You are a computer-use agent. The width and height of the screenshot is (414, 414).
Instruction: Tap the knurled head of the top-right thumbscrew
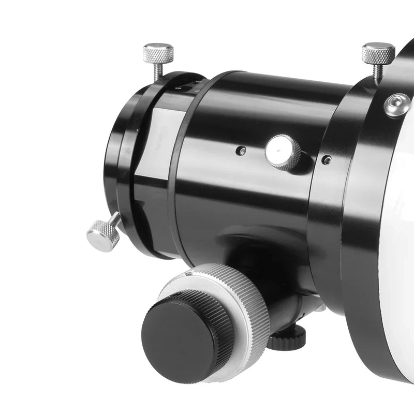click(x=378, y=53)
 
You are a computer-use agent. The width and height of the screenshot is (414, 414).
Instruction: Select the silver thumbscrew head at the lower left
click(x=102, y=236)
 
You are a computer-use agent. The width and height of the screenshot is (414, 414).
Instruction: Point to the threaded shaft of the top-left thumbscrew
click(x=157, y=71)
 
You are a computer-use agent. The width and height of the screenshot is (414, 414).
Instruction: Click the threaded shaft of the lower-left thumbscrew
click(x=115, y=220)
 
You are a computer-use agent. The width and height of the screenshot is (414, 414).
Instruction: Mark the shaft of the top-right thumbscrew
click(x=378, y=72)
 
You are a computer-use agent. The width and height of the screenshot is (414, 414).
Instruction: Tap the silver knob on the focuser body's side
click(x=283, y=152)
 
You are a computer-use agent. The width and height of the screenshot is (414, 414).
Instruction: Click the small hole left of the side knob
click(x=240, y=151)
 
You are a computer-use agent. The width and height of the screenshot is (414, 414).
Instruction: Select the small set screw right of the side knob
click(x=326, y=160)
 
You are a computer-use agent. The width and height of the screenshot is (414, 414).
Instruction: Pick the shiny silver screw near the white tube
click(x=397, y=105)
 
